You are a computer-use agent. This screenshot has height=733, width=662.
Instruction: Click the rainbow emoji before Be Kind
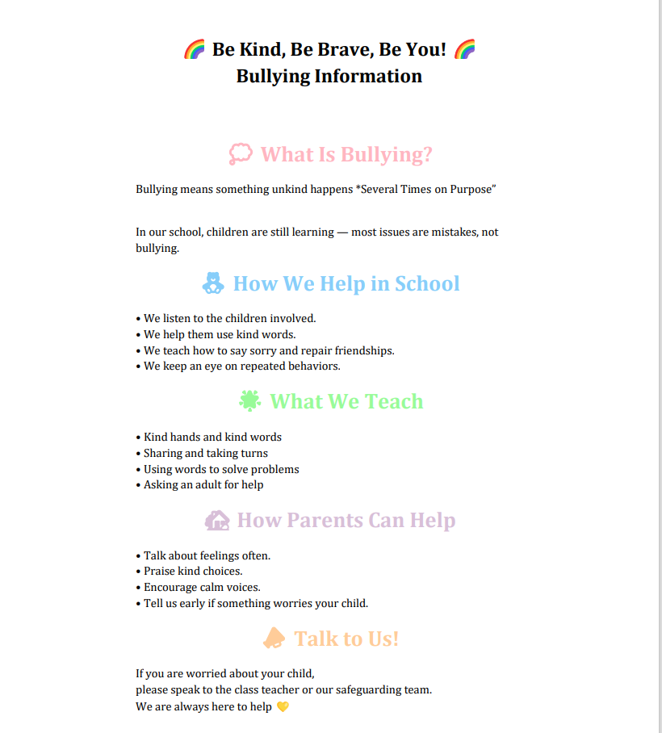195,50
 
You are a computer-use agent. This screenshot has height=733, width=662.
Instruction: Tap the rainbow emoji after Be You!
464,50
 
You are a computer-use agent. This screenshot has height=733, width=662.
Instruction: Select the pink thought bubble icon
241,153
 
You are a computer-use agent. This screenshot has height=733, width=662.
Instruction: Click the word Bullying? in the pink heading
387,154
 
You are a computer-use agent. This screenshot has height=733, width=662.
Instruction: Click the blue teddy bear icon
213,283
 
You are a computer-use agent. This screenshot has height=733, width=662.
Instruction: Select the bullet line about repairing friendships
269,350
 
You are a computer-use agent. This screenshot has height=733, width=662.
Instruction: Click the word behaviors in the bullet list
311,366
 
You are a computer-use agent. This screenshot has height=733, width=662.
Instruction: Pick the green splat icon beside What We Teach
250,400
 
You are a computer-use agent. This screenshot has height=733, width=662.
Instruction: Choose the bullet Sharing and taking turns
206,454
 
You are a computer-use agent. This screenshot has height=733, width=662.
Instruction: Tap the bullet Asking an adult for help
203,485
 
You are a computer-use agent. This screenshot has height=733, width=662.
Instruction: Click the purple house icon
217,520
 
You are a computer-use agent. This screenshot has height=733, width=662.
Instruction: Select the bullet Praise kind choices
193,572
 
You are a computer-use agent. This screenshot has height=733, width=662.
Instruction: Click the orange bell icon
274,639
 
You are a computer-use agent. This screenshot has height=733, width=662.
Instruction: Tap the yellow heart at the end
283,707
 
